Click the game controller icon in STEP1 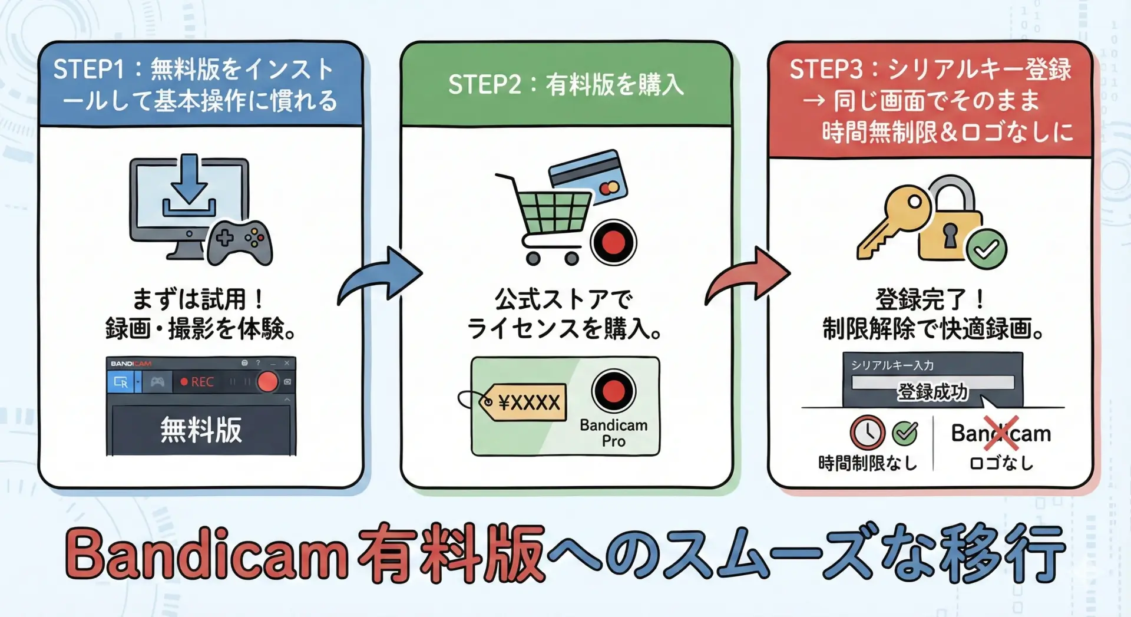pyautogui.click(x=239, y=242)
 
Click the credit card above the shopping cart pyautogui.click(x=587, y=176)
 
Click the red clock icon pyautogui.click(x=867, y=433)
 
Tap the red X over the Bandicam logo pyautogui.click(x=1001, y=433)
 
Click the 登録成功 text pyautogui.click(x=932, y=391)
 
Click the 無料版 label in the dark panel pyautogui.click(x=201, y=430)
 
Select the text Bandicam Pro pyautogui.click(x=613, y=433)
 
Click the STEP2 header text pyautogui.click(x=565, y=84)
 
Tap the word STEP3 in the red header pyautogui.click(x=825, y=70)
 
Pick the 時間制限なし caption pyautogui.click(x=867, y=463)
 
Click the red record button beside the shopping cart pyautogui.click(x=613, y=242)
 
